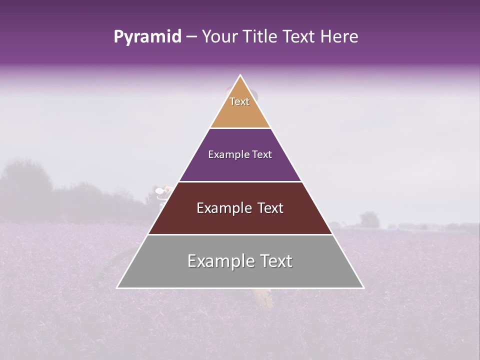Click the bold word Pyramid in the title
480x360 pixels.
pyautogui.click(x=147, y=37)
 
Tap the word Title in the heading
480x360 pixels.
pyautogui.click(x=263, y=37)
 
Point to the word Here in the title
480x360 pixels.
pyautogui.click(x=339, y=37)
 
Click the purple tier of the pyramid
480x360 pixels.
pyautogui.click(x=240, y=167)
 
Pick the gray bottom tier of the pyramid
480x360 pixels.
pyautogui.click(x=240, y=275)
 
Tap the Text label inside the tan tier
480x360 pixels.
pyautogui.click(x=239, y=101)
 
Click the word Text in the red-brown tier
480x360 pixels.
pyautogui.click(x=270, y=208)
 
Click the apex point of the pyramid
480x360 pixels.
pyautogui.click(x=240, y=75)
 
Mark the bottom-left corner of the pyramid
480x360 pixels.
pyautogui.click(x=117, y=288)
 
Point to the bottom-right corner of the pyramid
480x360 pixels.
pyautogui.click(x=363, y=288)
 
